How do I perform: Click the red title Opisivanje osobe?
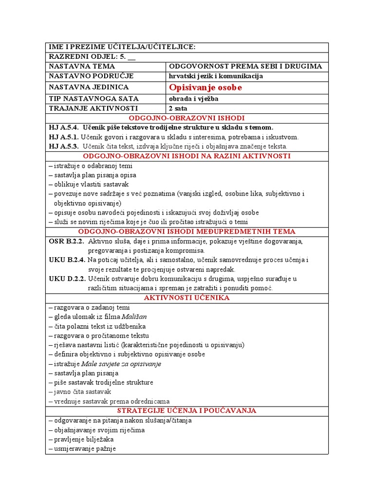coord(205,88)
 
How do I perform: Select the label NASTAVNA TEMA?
coord(82,66)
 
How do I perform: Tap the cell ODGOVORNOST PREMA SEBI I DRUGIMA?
coord(245,66)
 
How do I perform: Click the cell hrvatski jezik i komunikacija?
coord(216,76)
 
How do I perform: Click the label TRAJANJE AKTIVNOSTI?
coord(93,108)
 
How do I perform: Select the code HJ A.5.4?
coord(63,127)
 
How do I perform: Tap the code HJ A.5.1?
coord(63,137)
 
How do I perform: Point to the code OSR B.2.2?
coord(67,241)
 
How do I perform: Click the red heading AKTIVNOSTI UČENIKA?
coord(187,298)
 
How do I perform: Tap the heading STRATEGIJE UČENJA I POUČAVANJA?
coord(187,411)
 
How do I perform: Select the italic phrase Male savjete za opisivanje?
coord(121,364)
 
